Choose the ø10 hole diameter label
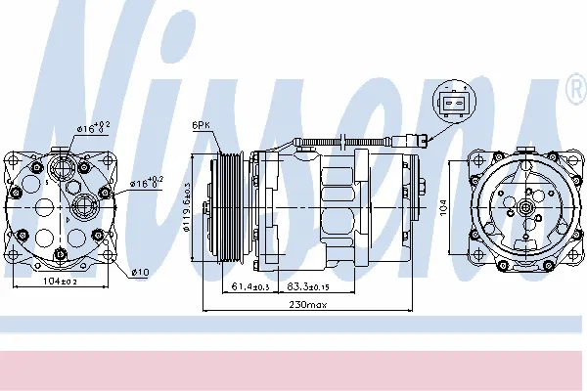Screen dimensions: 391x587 pos(140,270)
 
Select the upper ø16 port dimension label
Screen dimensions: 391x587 pos(97,126)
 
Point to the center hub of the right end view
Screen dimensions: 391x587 pos(525,207)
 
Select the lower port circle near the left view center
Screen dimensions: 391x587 pos(82,204)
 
